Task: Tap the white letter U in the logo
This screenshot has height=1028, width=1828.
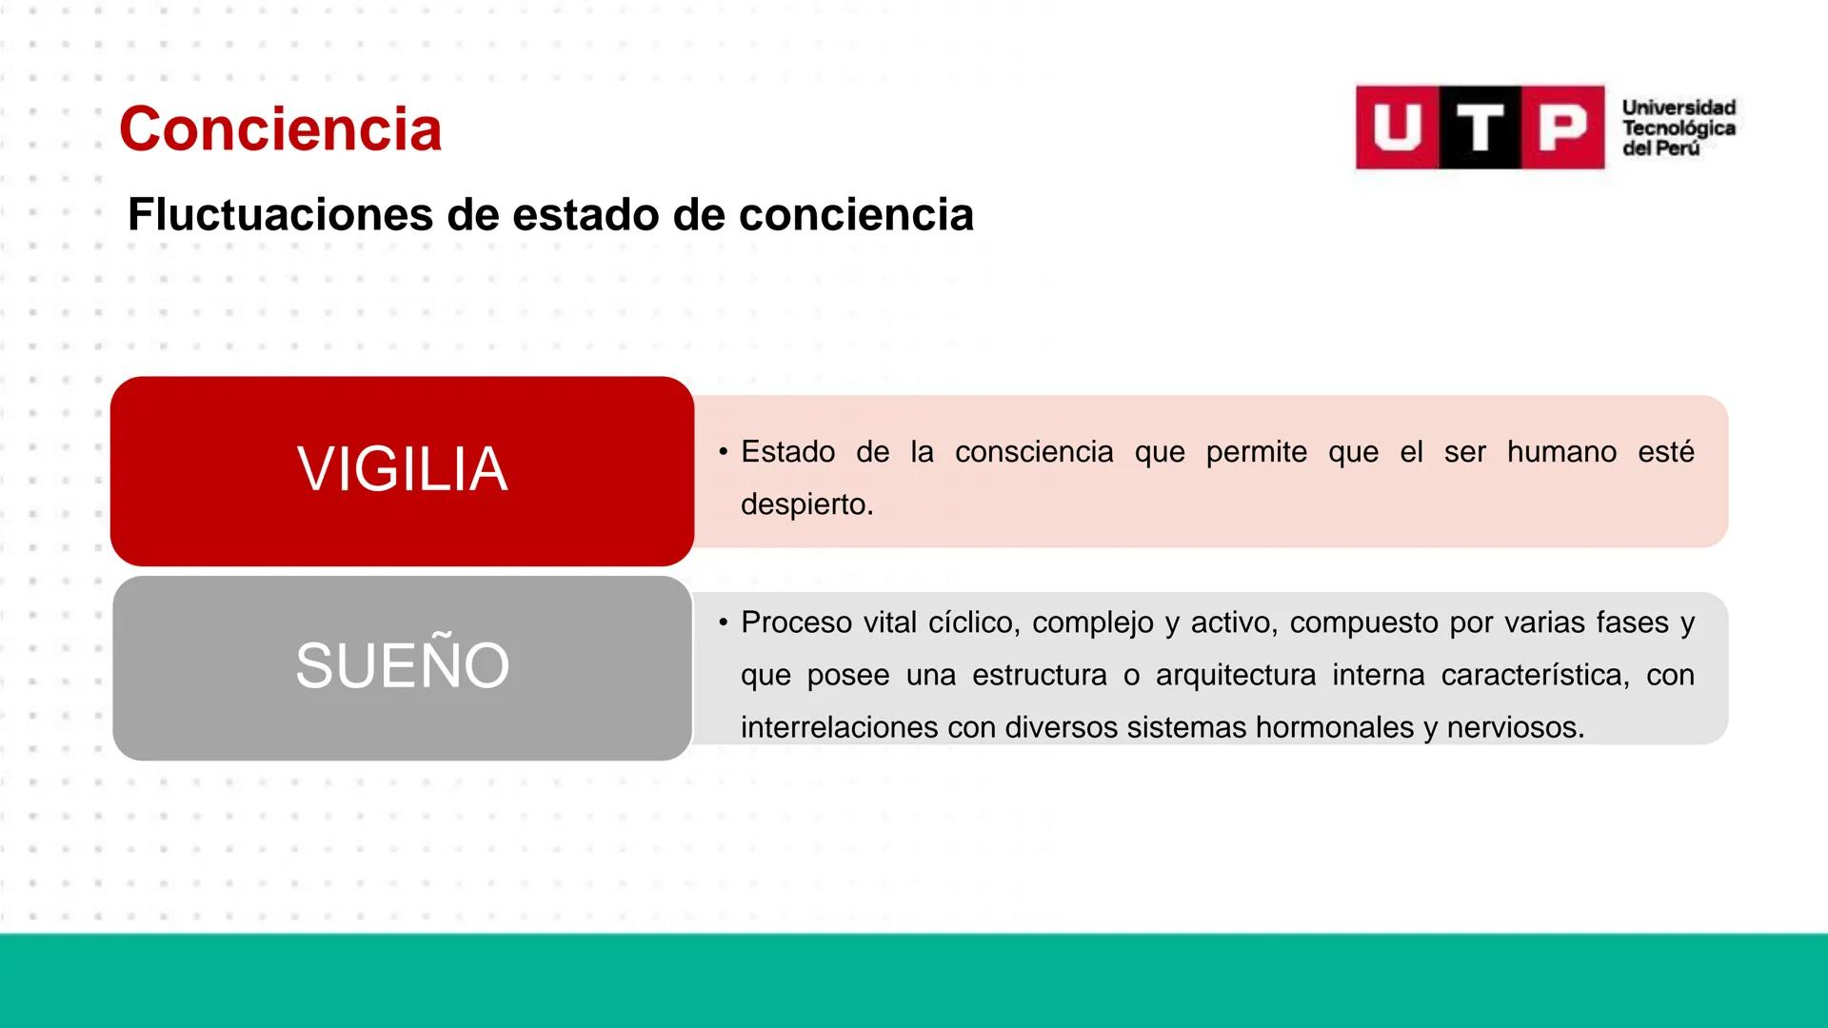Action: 1397,128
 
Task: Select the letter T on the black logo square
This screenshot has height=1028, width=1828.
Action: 1480,128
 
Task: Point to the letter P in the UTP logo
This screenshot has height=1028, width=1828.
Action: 1563,128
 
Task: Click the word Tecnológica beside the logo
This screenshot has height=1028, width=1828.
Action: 1679,128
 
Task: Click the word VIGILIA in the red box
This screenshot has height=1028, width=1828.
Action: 402,468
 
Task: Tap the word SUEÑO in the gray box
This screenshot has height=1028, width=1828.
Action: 402,665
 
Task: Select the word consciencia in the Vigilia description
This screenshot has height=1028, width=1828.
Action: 1034,451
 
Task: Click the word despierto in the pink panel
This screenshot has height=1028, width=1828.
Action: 804,504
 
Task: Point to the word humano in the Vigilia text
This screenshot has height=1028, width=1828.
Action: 1561,451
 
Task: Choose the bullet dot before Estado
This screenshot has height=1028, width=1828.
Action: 724,451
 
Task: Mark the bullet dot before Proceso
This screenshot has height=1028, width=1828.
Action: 724,623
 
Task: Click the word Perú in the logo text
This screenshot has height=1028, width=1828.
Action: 1679,148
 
